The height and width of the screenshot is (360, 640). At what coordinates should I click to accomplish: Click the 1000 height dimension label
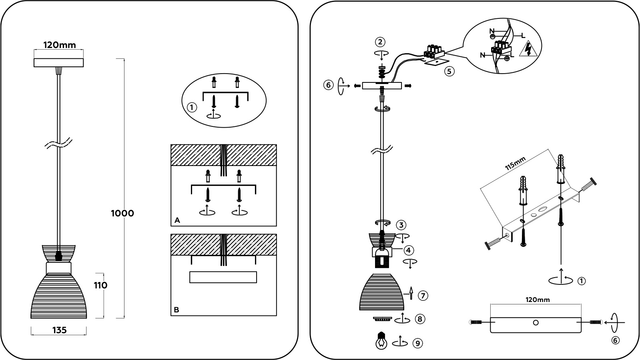[x=122, y=214]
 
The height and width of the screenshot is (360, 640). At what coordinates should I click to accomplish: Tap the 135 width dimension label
[x=59, y=330]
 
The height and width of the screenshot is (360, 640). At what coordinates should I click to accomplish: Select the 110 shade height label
[x=100, y=286]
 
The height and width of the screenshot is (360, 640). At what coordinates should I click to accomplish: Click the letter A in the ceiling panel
[x=177, y=220]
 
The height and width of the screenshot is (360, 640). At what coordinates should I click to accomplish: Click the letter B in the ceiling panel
[x=177, y=310]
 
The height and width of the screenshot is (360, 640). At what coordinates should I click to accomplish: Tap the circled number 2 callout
[x=380, y=42]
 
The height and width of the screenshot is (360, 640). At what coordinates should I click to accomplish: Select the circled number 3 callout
[x=401, y=224]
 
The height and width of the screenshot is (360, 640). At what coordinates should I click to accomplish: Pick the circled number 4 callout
[x=408, y=250]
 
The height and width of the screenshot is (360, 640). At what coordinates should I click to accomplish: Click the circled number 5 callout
[x=449, y=72]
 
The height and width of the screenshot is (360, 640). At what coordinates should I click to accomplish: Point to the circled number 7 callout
[x=423, y=296]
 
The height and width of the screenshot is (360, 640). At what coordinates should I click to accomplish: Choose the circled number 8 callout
[x=420, y=319]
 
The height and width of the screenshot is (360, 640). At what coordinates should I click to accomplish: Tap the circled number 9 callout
[x=418, y=343]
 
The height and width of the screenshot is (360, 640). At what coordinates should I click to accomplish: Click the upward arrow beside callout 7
[x=411, y=293]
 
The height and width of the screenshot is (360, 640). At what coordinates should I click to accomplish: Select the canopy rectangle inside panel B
[x=223, y=277]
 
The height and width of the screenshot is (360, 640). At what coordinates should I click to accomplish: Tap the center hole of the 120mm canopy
[x=536, y=323]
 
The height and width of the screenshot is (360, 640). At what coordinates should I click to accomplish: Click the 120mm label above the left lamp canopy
[x=59, y=45]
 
